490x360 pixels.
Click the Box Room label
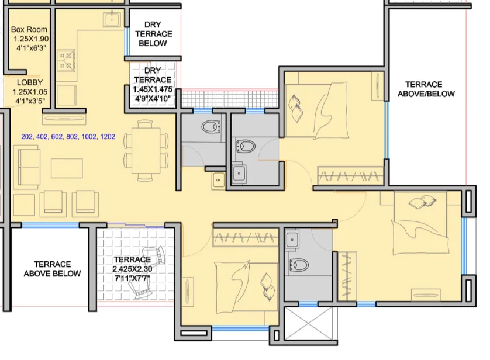point(29,30)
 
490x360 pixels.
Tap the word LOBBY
point(29,82)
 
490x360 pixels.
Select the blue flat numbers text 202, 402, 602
point(68,137)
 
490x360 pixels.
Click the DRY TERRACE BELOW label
point(154,34)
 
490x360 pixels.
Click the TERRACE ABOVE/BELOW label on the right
point(424,89)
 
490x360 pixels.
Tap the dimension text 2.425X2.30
point(132,269)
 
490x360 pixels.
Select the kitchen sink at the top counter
point(112,20)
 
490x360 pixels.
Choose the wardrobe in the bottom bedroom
point(245,237)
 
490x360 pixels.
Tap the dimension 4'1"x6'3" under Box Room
point(29,49)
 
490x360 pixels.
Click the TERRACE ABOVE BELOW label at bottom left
point(52,269)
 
